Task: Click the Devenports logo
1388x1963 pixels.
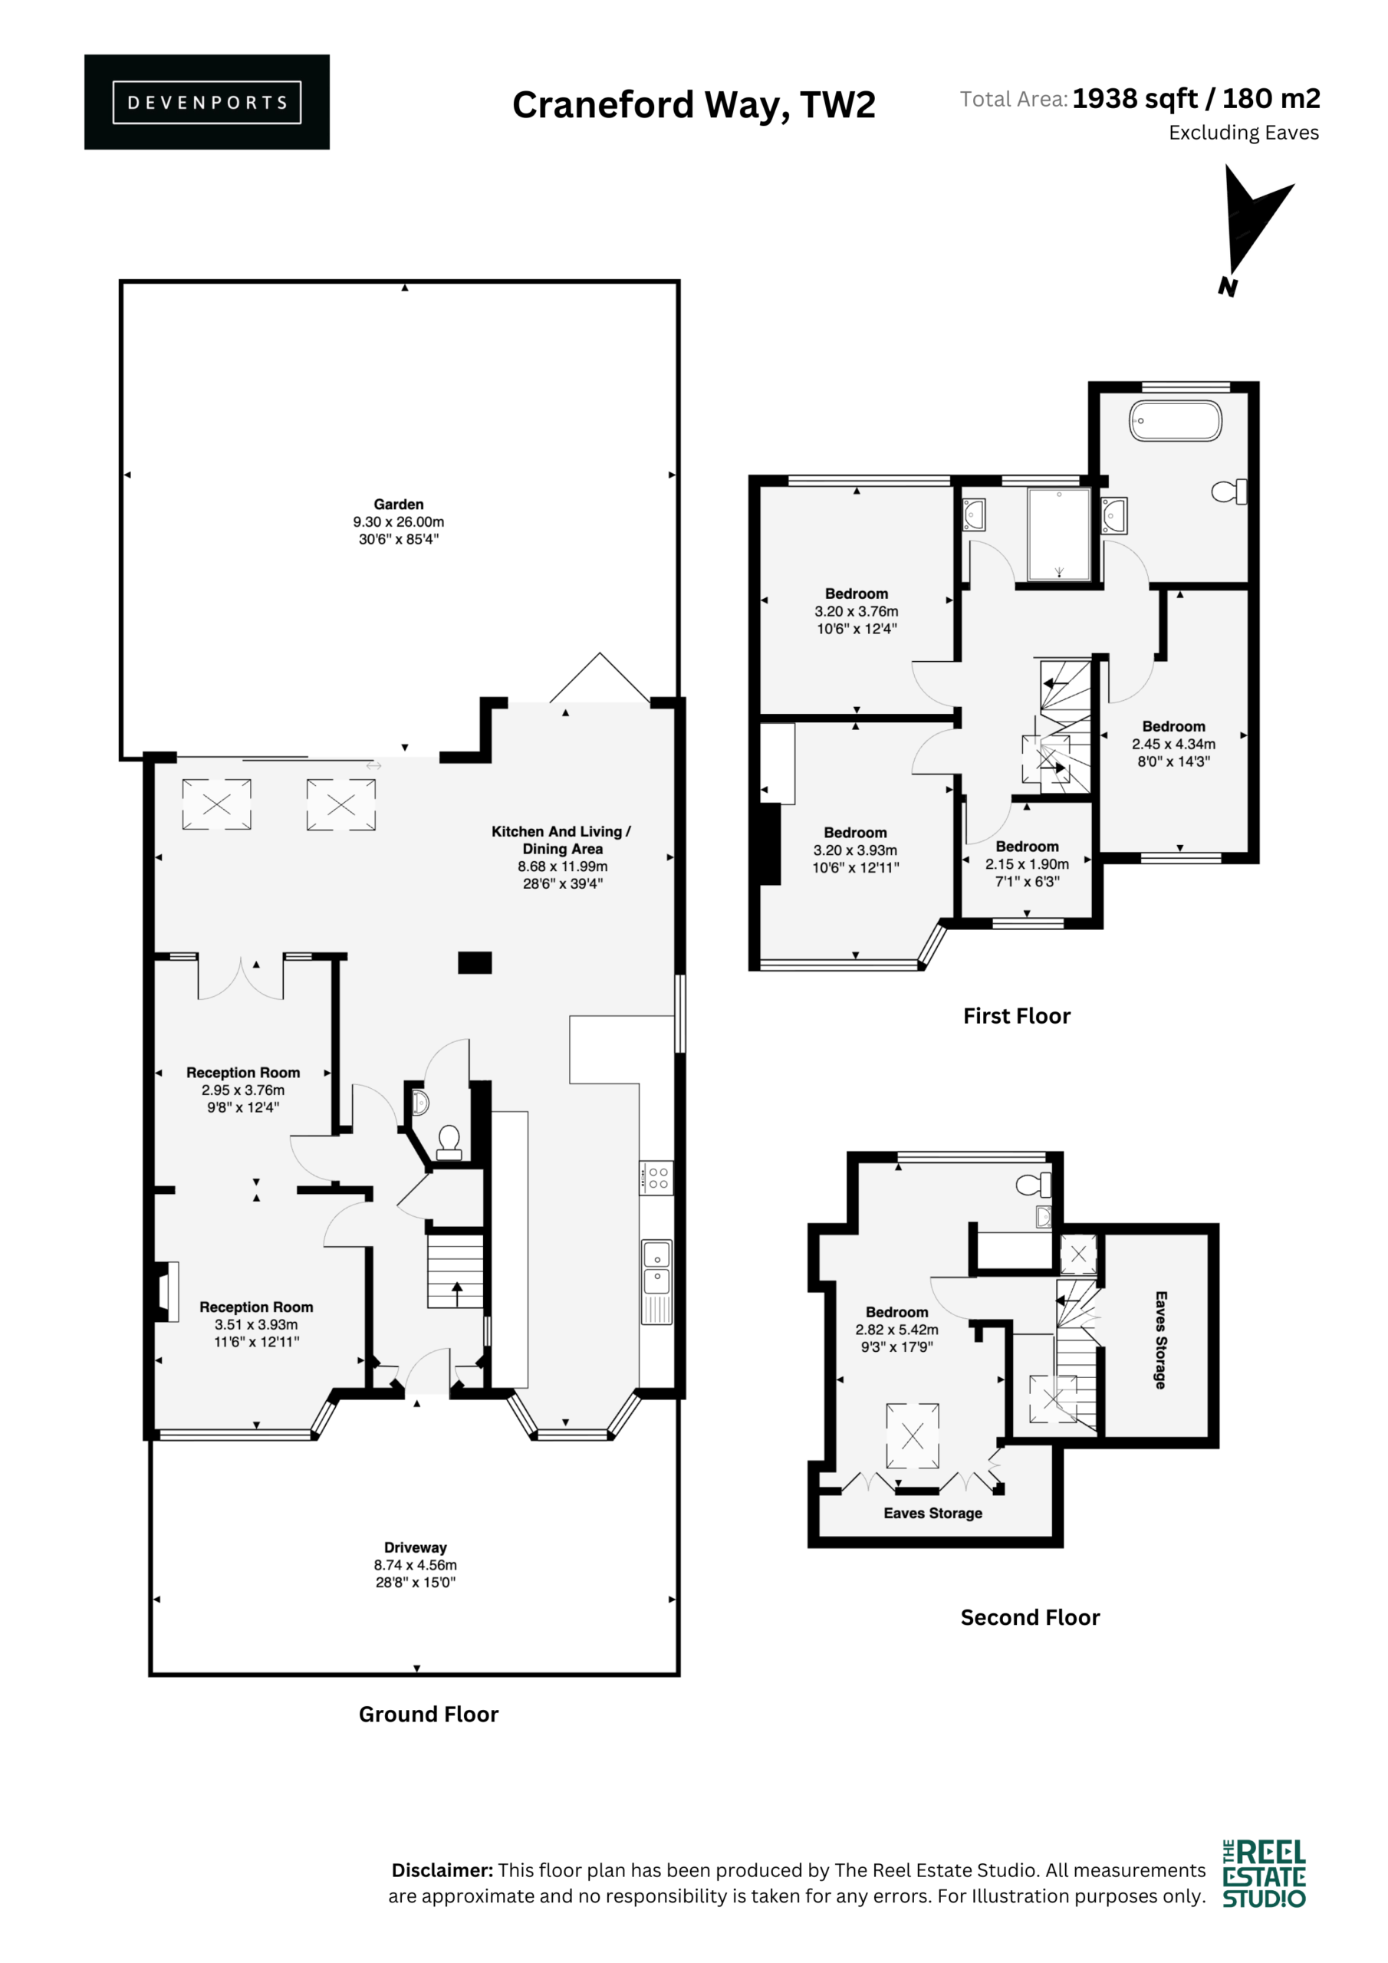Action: pyautogui.click(x=207, y=102)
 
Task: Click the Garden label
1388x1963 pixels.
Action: pyautogui.click(x=399, y=505)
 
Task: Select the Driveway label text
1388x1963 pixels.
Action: pyautogui.click(x=416, y=1547)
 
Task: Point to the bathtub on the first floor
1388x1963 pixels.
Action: pyautogui.click(x=1176, y=422)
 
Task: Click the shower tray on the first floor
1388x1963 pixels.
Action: pyautogui.click(x=1059, y=534)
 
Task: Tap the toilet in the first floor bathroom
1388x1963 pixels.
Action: pyautogui.click(x=1230, y=492)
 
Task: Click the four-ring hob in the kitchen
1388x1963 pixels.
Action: pyautogui.click(x=656, y=1177)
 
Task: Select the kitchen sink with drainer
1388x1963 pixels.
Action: pyautogui.click(x=656, y=1281)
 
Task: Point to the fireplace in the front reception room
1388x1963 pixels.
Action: pyautogui.click(x=166, y=1292)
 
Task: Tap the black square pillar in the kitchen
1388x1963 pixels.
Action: pyautogui.click(x=475, y=962)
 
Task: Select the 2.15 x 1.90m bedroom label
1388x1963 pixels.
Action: pyautogui.click(x=1027, y=864)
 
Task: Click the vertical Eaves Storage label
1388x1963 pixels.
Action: pyautogui.click(x=1160, y=1340)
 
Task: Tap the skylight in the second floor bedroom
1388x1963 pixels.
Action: pyautogui.click(x=913, y=1435)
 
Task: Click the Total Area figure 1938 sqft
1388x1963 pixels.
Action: pyautogui.click(x=1136, y=99)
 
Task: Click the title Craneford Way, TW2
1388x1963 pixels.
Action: pyautogui.click(x=693, y=105)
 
